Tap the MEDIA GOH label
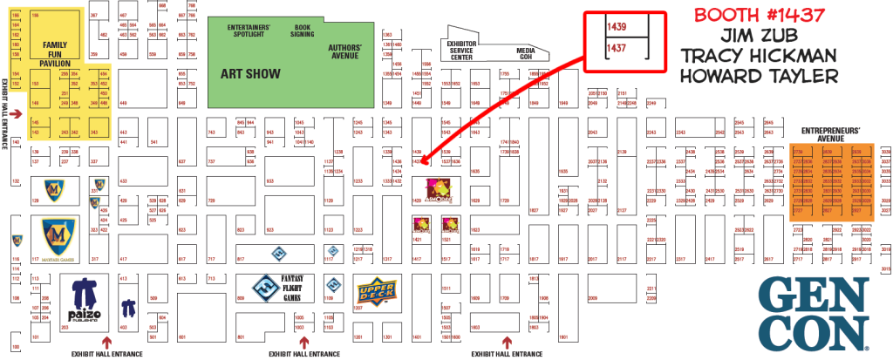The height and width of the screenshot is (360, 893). (x=525, y=52)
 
